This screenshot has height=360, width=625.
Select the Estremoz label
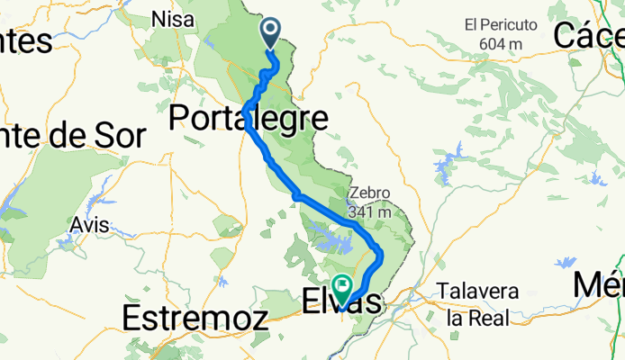(x=195, y=318)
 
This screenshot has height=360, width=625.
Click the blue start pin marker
(x=272, y=34)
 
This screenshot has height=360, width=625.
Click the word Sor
(x=122, y=137)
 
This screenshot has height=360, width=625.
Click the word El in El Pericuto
(x=472, y=25)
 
